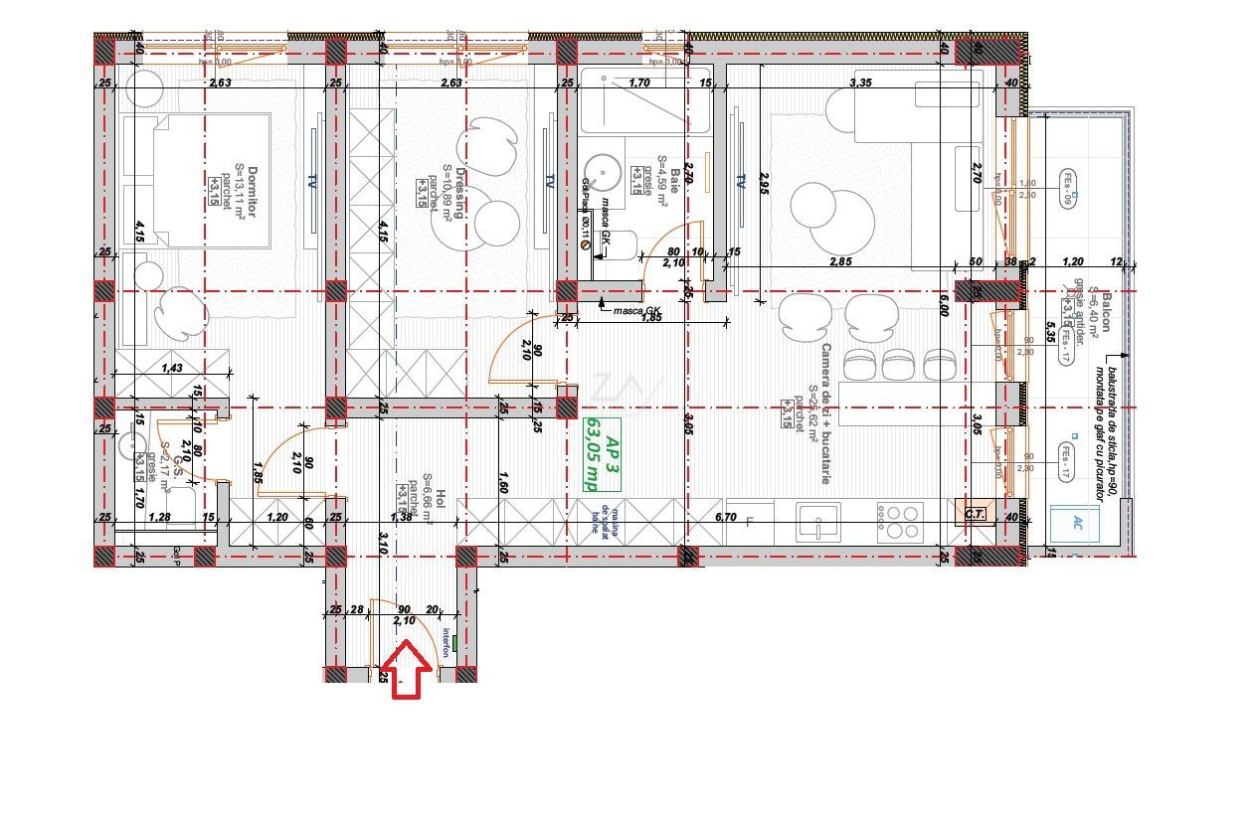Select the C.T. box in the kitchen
[x=975, y=514]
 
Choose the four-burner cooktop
[x=899, y=517]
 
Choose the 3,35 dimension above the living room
[x=861, y=83]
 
